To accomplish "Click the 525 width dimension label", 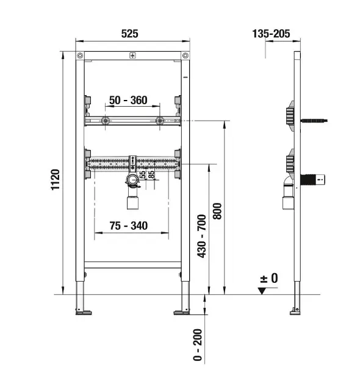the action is point(130,34).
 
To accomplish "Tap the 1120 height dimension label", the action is point(56,180).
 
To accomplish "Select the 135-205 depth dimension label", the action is point(271,34).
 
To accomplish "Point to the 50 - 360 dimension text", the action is point(128,100).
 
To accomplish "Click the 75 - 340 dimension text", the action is point(129,226).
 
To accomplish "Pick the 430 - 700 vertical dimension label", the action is point(202,236).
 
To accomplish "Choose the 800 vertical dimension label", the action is point(217,211).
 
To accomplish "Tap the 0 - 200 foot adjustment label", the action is point(198,345).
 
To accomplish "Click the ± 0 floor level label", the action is point(269,278).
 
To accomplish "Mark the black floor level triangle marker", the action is point(262,291).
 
